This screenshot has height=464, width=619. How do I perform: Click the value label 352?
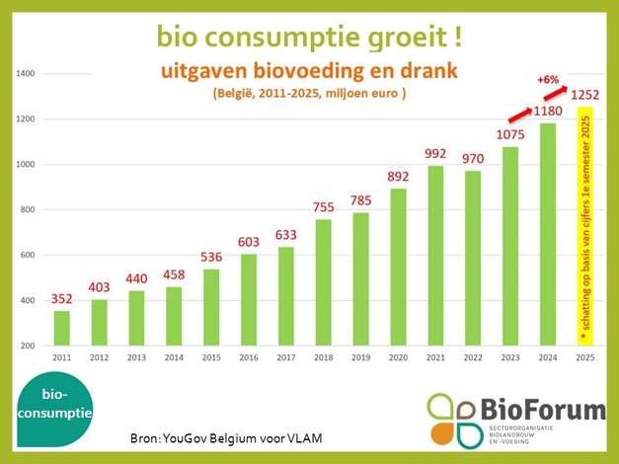point(61,298)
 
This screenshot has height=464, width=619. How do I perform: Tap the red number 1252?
point(586,94)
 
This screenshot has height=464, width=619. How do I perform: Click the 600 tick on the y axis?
point(27,255)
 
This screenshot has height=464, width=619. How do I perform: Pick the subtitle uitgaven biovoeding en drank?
point(308,72)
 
